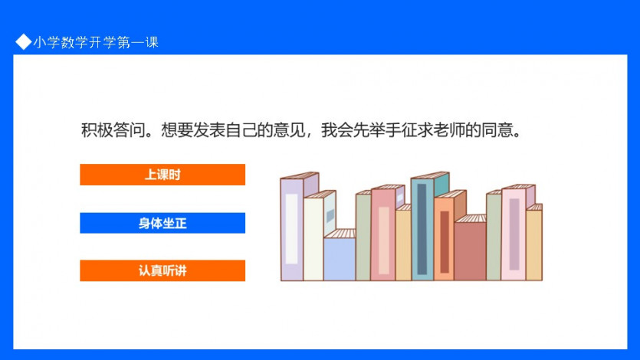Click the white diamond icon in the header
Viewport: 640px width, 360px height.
(x=23, y=41)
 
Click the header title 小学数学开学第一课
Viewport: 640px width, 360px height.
(x=96, y=42)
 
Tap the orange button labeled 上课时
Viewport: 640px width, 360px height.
(x=162, y=175)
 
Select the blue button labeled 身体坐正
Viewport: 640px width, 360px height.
(x=162, y=223)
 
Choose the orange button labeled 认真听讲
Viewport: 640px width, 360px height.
(x=162, y=270)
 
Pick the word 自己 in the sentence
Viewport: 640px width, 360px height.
(x=241, y=130)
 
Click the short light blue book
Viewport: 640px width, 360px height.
(x=340, y=255)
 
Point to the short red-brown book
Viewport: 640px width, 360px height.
(x=470, y=249)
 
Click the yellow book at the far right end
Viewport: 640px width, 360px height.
(x=534, y=243)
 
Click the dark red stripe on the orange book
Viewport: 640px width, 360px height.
(x=445, y=242)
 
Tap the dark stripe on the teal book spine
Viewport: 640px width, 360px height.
(x=422, y=229)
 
